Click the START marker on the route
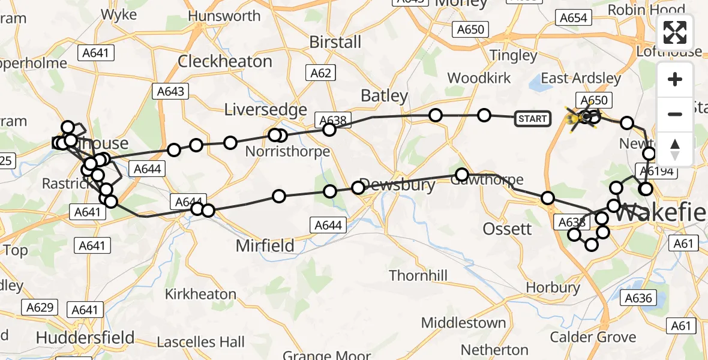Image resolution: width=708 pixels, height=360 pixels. pyautogui.click(x=532, y=119)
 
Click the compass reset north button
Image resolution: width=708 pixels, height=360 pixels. pyautogui.click(x=675, y=149)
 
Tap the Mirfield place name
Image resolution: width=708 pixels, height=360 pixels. pyautogui.click(x=265, y=245)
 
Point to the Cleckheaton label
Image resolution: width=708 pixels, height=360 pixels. pyautogui.click(x=225, y=61)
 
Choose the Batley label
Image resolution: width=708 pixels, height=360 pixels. pyautogui.click(x=384, y=95)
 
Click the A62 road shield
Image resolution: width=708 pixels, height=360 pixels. pyautogui.click(x=320, y=73)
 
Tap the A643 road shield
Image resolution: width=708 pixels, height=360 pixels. pyautogui.click(x=170, y=91)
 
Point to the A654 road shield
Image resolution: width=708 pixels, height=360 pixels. pyautogui.click(x=573, y=18)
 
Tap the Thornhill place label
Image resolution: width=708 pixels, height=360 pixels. pyautogui.click(x=418, y=275)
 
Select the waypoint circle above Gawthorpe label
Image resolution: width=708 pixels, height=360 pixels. pyautogui.click(x=461, y=175)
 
